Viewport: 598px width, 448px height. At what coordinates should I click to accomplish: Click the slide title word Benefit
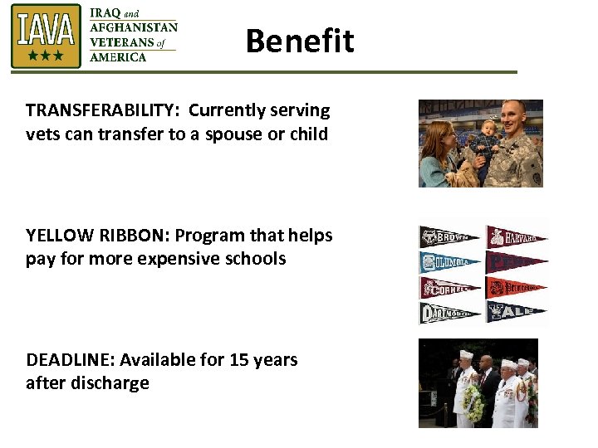pos(300,41)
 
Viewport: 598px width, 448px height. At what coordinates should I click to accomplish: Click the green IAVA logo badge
pos(46,36)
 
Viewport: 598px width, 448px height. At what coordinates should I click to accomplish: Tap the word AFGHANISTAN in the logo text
pos(133,27)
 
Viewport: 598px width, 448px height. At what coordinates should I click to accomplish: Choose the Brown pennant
pos(449,236)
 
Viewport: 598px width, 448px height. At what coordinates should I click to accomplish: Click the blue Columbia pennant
pos(449,262)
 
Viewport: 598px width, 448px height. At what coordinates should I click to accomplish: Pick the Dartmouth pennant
pos(449,314)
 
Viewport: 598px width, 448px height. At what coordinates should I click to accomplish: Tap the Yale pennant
pos(516,313)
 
